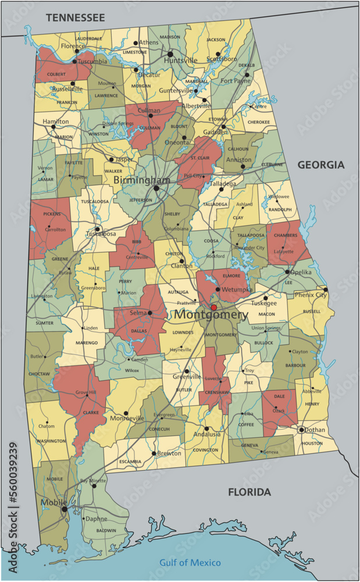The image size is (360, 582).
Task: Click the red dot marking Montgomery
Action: tap(213, 307)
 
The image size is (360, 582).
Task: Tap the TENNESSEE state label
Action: tap(76, 18)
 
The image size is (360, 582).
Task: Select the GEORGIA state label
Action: tap(321, 165)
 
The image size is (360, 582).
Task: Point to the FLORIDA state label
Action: tap(249, 492)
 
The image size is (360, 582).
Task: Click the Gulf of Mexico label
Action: tap(190, 562)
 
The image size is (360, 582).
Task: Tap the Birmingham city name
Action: tap(142, 180)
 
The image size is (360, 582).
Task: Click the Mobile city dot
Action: tap(64, 509)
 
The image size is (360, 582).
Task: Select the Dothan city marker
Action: tap(301, 430)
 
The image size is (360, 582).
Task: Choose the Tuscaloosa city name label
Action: tap(101, 234)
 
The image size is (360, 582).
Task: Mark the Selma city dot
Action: tap(149, 313)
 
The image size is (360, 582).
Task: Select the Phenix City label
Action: tap(312, 295)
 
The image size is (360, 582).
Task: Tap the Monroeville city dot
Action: tap(125, 413)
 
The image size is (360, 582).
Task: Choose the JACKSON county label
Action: tap(216, 40)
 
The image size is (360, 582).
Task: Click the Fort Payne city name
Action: tap(235, 80)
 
